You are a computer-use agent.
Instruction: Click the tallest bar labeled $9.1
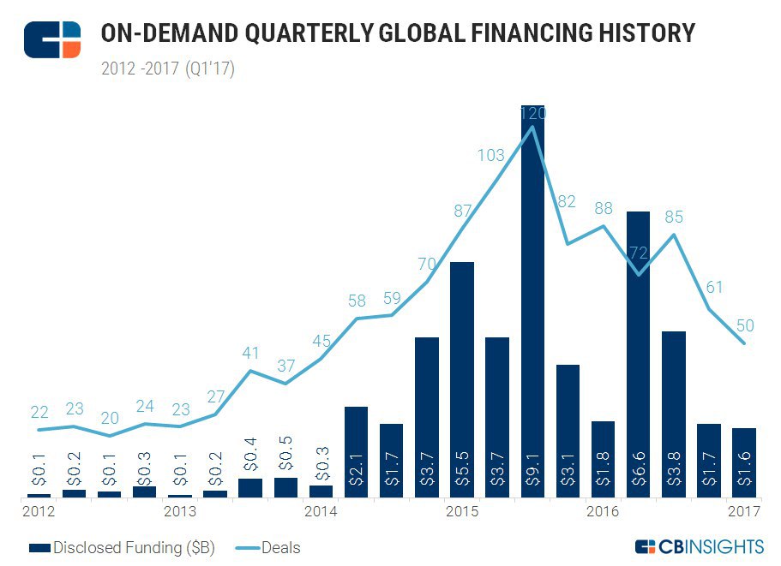point(532,300)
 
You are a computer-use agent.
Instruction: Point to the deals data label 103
point(491,155)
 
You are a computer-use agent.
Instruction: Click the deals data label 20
point(110,419)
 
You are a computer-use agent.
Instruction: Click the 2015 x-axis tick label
point(462,512)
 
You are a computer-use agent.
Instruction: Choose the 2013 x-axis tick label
point(179,512)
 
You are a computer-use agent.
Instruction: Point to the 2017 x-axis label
point(742,512)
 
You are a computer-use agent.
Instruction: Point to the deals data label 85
point(674,217)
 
